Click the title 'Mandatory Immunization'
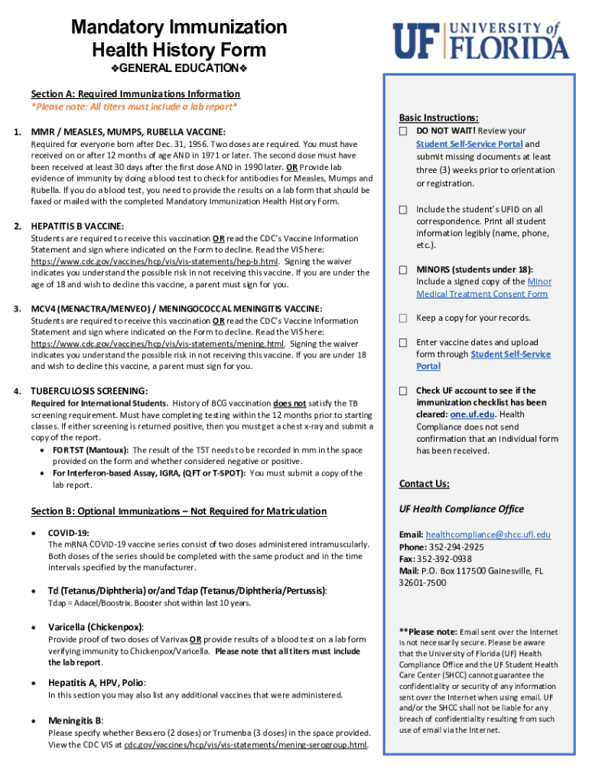coord(179,28)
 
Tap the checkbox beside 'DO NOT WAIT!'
coord(402,132)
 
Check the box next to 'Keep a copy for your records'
coord(402,318)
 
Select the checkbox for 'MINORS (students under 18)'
coord(402,270)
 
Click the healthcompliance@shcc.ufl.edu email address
coord(488,534)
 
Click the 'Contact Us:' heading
coord(424,484)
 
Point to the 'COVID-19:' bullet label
coord(69,532)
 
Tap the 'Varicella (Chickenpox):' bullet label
coord(96,627)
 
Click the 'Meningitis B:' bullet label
coord(76,720)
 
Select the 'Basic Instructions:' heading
coord(438,118)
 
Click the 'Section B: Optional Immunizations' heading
coord(178,511)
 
